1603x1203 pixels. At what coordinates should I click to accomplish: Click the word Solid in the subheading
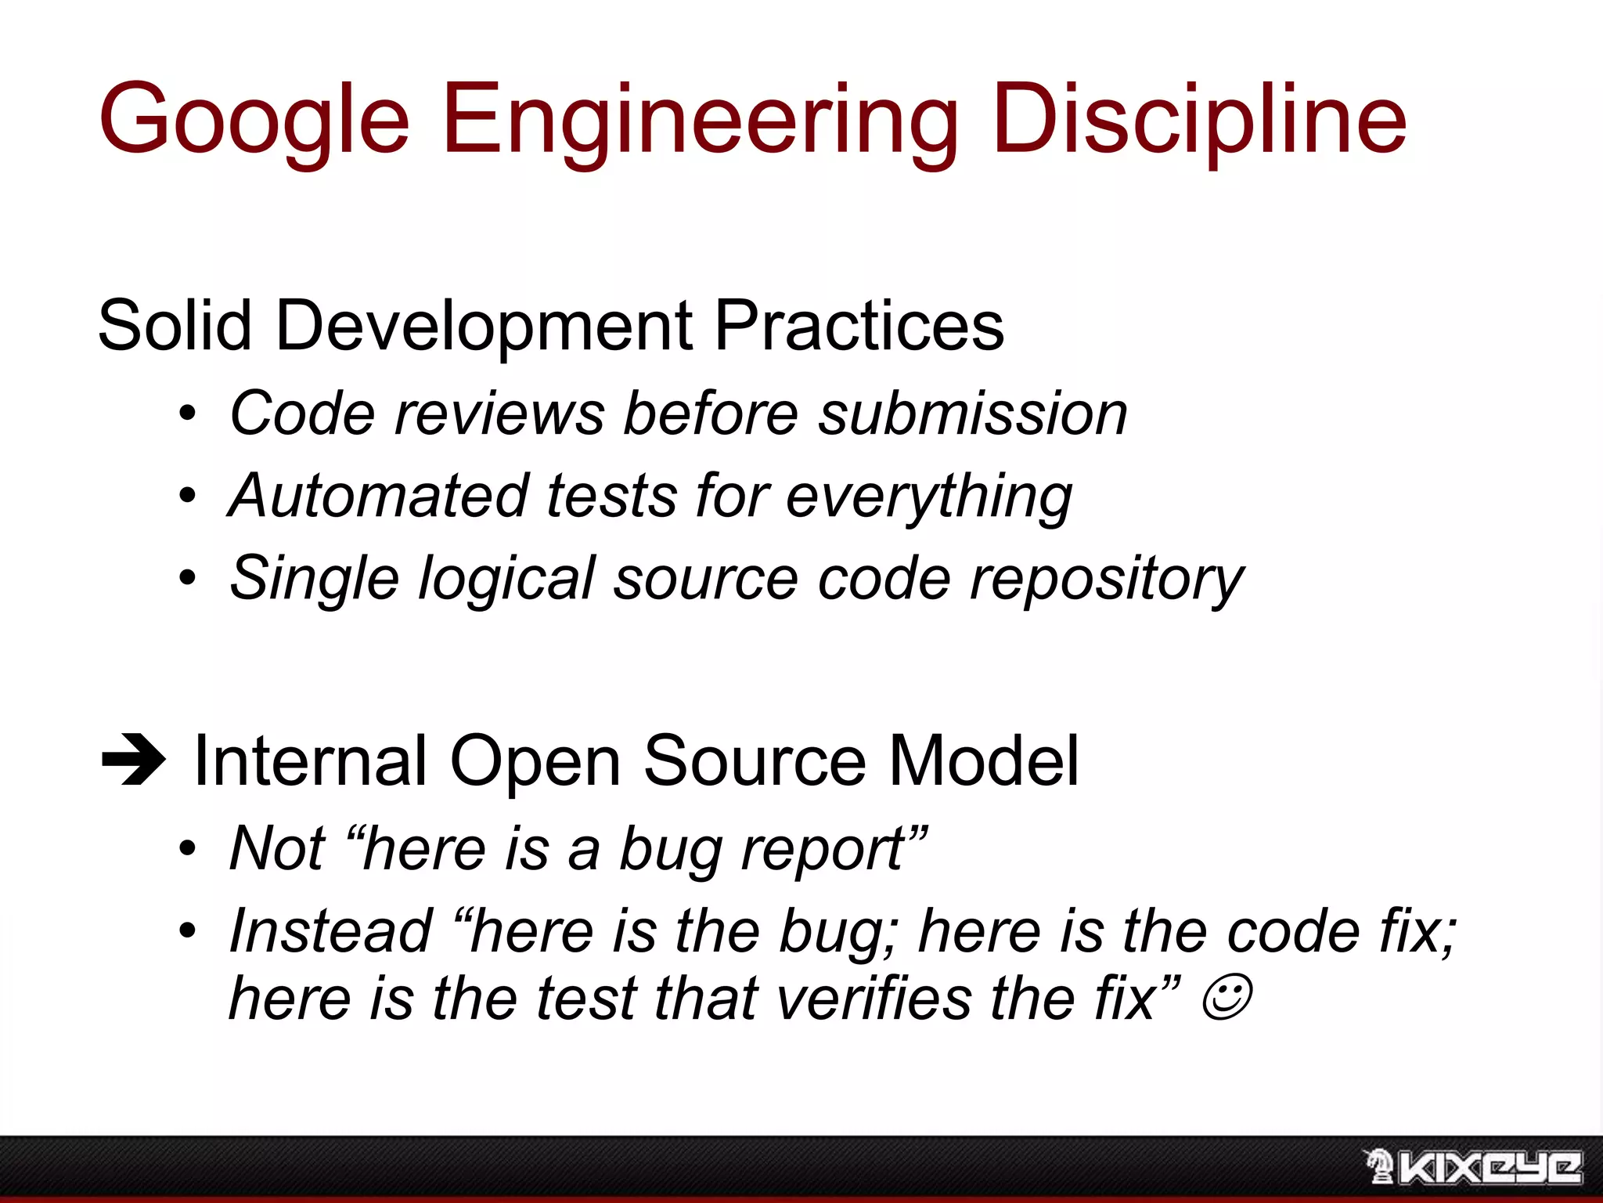tap(174, 326)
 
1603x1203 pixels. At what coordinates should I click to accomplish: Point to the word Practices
tap(859, 326)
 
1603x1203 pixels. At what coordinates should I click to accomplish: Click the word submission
tap(972, 414)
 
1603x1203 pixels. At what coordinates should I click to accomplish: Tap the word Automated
tap(379, 496)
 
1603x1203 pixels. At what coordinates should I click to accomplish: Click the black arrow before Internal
tap(133, 760)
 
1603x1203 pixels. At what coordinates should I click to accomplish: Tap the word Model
tap(984, 760)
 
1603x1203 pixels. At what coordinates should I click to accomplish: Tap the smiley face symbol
tap(1226, 997)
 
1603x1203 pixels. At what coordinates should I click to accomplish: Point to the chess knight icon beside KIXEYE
tap(1379, 1166)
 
